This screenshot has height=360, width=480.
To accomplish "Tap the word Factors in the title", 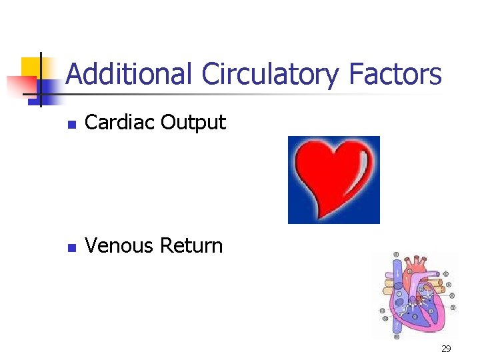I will click(395, 74).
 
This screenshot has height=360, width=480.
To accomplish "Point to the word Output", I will click(193, 123).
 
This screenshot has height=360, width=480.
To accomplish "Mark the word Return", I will click(191, 246).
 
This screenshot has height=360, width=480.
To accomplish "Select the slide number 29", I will click(446, 348).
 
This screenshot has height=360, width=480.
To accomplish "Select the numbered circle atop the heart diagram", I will click(396, 255).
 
